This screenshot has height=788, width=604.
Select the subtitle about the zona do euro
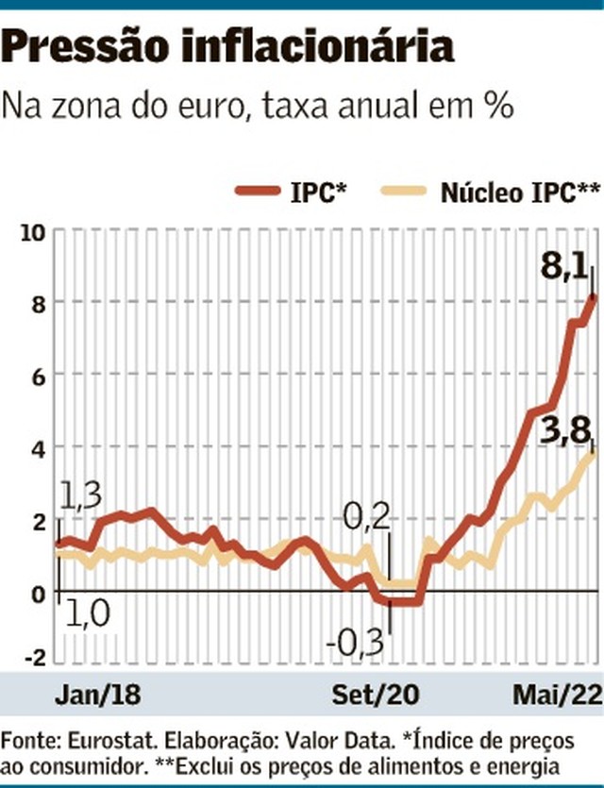click(x=259, y=105)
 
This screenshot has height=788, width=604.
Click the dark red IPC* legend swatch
click(x=256, y=193)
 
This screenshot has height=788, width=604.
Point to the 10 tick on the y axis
click(x=32, y=231)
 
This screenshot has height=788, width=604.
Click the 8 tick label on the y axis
click(x=37, y=303)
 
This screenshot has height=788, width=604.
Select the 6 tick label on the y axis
click(x=37, y=375)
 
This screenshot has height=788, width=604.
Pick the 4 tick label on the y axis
click(x=37, y=446)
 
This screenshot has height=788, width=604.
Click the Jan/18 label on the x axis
click(x=98, y=696)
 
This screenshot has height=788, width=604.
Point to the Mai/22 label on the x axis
click(x=557, y=696)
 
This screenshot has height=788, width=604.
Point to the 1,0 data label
click(x=87, y=614)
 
